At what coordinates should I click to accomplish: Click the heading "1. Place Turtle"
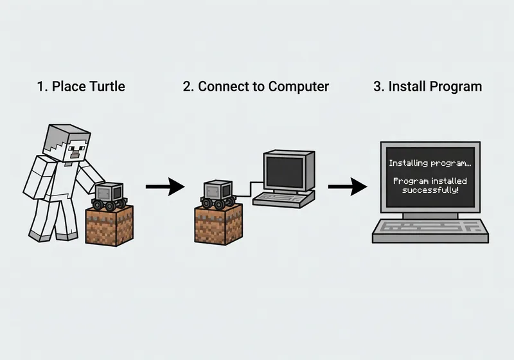pyautogui.click(x=80, y=86)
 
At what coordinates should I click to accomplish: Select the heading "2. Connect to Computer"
pyautogui.click(x=256, y=86)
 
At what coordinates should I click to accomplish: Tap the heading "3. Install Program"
pyautogui.click(x=427, y=86)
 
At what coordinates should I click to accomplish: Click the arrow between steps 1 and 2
pyautogui.click(x=164, y=187)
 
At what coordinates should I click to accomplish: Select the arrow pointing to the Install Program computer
pyautogui.click(x=347, y=187)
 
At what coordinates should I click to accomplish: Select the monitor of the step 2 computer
pyautogui.click(x=288, y=171)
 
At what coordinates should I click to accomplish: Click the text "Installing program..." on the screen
pyautogui.click(x=430, y=163)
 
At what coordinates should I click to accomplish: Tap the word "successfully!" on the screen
pyautogui.click(x=430, y=191)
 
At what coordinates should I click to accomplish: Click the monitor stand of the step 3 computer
pyautogui.click(x=429, y=214)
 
